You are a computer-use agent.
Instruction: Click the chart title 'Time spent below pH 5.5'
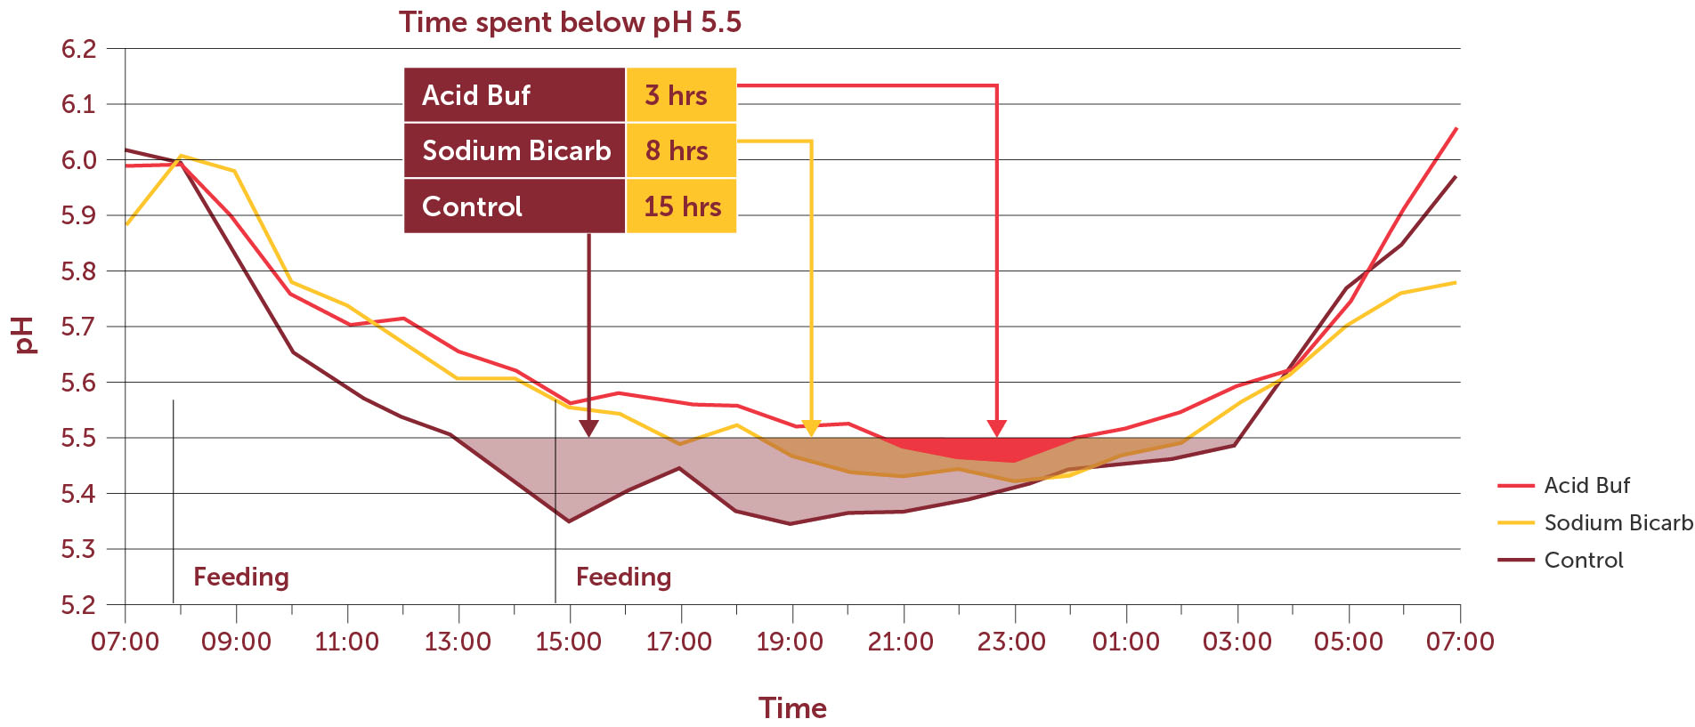click(x=570, y=22)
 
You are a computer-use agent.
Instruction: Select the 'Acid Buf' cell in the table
click(x=515, y=95)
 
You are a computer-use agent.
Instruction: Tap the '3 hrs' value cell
click(x=681, y=95)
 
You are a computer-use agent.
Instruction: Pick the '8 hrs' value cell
click(x=681, y=150)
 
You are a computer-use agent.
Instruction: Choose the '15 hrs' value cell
click(x=681, y=206)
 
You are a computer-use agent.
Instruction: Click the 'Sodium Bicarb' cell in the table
click(x=515, y=150)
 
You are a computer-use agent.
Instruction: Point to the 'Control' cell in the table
click(x=515, y=206)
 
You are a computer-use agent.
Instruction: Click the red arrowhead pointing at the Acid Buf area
click(x=996, y=428)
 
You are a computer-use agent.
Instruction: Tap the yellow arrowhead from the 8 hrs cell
click(x=811, y=428)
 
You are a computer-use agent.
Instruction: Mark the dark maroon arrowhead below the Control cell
click(x=588, y=428)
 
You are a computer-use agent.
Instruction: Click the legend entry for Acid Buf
click(x=1586, y=486)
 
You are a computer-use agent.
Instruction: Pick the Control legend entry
click(x=1583, y=561)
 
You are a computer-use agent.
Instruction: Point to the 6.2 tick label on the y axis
click(x=78, y=49)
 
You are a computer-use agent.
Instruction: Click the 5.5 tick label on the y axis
click(x=78, y=438)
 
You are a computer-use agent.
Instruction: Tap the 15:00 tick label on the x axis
click(x=569, y=642)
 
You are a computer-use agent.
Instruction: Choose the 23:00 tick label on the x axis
click(x=1011, y=642)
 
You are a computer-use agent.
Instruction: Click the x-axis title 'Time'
click(x=792, y=708)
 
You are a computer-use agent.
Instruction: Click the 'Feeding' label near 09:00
click(x=241, y=578)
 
